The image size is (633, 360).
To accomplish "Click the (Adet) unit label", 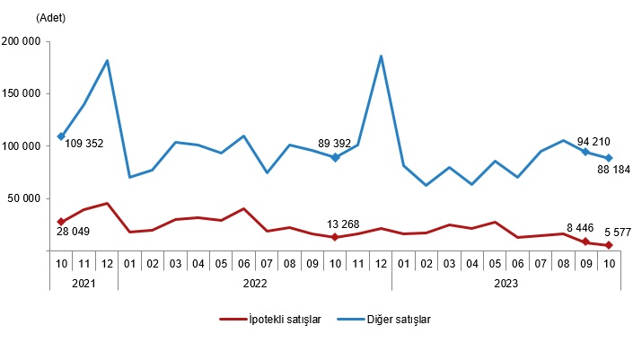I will [x=50, y=17].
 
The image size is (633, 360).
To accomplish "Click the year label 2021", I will [x=84, y=282].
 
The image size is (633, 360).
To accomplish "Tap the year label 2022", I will [x=255, y=282].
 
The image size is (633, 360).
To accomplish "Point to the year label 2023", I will [x=506, y=282].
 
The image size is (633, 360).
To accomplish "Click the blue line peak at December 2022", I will [x=381, y=57].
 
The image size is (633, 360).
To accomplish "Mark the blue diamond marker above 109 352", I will [x=61, y=136].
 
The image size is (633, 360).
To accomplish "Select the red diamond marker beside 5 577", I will [x=609, y=245].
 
